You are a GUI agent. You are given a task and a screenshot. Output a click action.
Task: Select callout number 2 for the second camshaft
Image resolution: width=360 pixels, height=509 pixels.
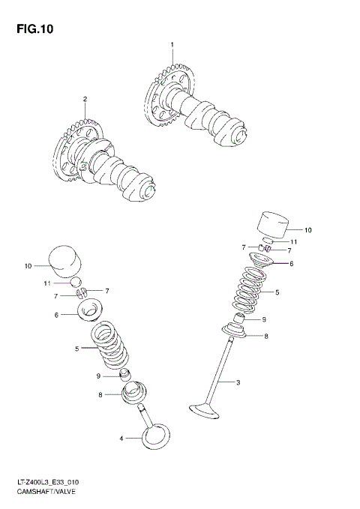point(85,99)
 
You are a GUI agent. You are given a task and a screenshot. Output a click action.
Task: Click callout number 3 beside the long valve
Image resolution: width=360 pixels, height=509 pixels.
point(238,383)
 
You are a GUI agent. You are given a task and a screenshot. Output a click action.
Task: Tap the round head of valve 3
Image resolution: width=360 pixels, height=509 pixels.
point(203,410)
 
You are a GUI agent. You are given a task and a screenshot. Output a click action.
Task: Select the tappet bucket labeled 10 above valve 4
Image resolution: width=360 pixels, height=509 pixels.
point(63,260)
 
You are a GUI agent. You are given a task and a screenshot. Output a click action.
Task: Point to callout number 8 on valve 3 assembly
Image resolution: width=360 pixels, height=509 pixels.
point(265,337)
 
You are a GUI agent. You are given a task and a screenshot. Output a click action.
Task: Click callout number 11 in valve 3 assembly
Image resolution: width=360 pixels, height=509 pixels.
point(295,241)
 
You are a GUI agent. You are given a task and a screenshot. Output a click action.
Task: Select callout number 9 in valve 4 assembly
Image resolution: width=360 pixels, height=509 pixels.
point(97,376)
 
